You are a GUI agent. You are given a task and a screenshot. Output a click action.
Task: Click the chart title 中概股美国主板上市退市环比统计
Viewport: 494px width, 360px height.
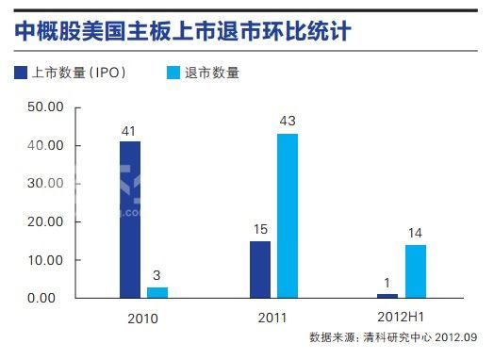click(183, 31)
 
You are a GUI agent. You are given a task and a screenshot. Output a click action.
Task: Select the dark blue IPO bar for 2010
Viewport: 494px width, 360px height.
click(130, 220)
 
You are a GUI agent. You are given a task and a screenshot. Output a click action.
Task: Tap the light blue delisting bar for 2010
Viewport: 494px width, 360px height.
click(157, 292)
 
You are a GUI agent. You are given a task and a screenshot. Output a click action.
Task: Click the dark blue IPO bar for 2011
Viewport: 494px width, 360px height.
click(260, 270)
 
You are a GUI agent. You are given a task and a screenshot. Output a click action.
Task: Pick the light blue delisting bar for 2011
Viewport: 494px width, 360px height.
click(288, 216)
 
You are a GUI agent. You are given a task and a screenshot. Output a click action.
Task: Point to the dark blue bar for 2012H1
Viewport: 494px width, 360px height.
click(387, 295)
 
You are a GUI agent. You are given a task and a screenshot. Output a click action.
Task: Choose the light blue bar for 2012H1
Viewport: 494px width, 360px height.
click(415, 271)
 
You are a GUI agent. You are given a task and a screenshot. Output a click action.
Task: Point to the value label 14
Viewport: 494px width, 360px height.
click(415, 234)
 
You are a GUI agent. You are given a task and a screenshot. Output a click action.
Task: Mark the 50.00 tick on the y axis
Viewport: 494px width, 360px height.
click(44, 107)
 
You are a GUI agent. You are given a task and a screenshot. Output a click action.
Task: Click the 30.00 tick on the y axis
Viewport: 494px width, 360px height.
click(44, 184)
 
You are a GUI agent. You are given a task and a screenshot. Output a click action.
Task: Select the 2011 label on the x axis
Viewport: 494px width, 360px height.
click(272, 318)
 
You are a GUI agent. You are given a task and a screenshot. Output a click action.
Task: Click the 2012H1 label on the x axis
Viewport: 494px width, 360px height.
click(402, 318)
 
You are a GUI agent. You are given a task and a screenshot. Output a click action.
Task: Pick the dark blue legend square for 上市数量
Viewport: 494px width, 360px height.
click(22, 73)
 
